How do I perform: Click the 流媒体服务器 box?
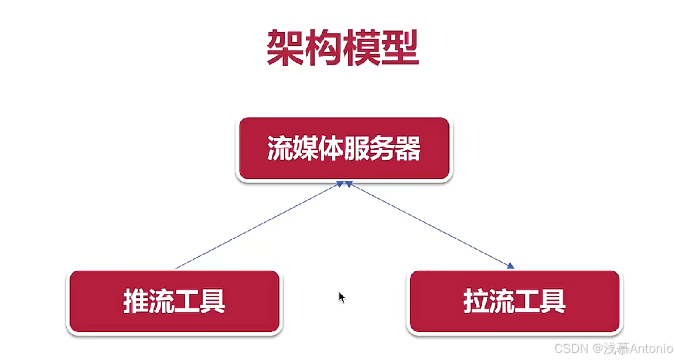click(x=343, y=149)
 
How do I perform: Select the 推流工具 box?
click(x=173, y=302)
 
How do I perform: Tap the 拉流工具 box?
click(x=514, y=302)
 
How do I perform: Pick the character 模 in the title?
click(x=362, y=47)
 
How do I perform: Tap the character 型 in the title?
click(x=400, y=47)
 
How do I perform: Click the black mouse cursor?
click(x=342, y=297)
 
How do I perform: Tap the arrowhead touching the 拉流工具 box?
click(x=510, y=266)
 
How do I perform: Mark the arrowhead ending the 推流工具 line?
click(x=339, y=184)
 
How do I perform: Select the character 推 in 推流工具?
click(x=135, y=302)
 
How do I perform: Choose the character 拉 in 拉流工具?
click(x=476, y=302)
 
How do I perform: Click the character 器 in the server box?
click(x=408, y=149)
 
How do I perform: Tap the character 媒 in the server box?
click(x=305, y=149)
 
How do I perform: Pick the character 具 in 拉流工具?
click(x=553, y=302)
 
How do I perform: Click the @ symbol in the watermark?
click(x=596, y=349)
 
